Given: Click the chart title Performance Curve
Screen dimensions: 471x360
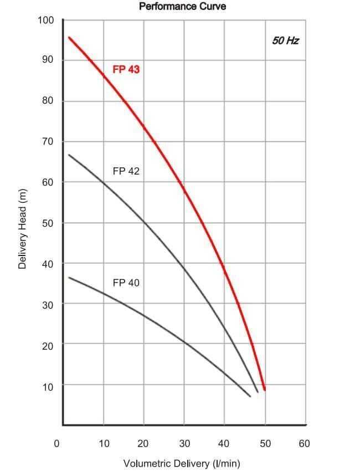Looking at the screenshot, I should (x=182, y=7).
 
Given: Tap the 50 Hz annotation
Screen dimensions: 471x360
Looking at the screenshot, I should (x=286, y=40).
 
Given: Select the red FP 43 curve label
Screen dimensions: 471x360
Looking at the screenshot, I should (x=126, y=70).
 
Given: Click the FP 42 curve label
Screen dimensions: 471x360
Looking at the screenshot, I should (x=126, y=171).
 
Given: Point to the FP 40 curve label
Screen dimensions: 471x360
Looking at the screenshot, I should (x=126, y=283).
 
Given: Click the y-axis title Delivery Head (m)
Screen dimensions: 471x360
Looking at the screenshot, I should (x=23, y=228).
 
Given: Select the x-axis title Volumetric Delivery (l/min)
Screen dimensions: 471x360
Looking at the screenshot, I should (x=182, y=463).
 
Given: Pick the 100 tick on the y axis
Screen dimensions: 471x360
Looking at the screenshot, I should (x=45, y=21).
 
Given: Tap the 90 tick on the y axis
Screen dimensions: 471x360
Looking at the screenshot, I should (x=47, y=60).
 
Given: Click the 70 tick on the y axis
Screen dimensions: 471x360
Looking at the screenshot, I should (x=47, y=142).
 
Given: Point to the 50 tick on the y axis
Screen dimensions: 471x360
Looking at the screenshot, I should (x=47, y=223).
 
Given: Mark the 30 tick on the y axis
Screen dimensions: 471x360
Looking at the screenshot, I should (x=47, y=305).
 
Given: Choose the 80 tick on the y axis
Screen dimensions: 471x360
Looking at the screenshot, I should (x=47, y=101).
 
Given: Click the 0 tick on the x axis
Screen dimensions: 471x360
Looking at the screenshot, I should (x=56, y=443).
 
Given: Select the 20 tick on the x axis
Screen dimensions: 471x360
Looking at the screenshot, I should (x=143, y=443).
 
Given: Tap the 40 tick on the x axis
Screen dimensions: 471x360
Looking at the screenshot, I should (x=224, y=443).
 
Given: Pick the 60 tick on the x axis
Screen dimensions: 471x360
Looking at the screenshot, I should (x=304, y=443).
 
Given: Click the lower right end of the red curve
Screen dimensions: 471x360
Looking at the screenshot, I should (x=265, y=390).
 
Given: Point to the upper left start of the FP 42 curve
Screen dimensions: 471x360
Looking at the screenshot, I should (x=69, y=155).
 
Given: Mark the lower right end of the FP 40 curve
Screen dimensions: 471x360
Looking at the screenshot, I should (x=250, y=396).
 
